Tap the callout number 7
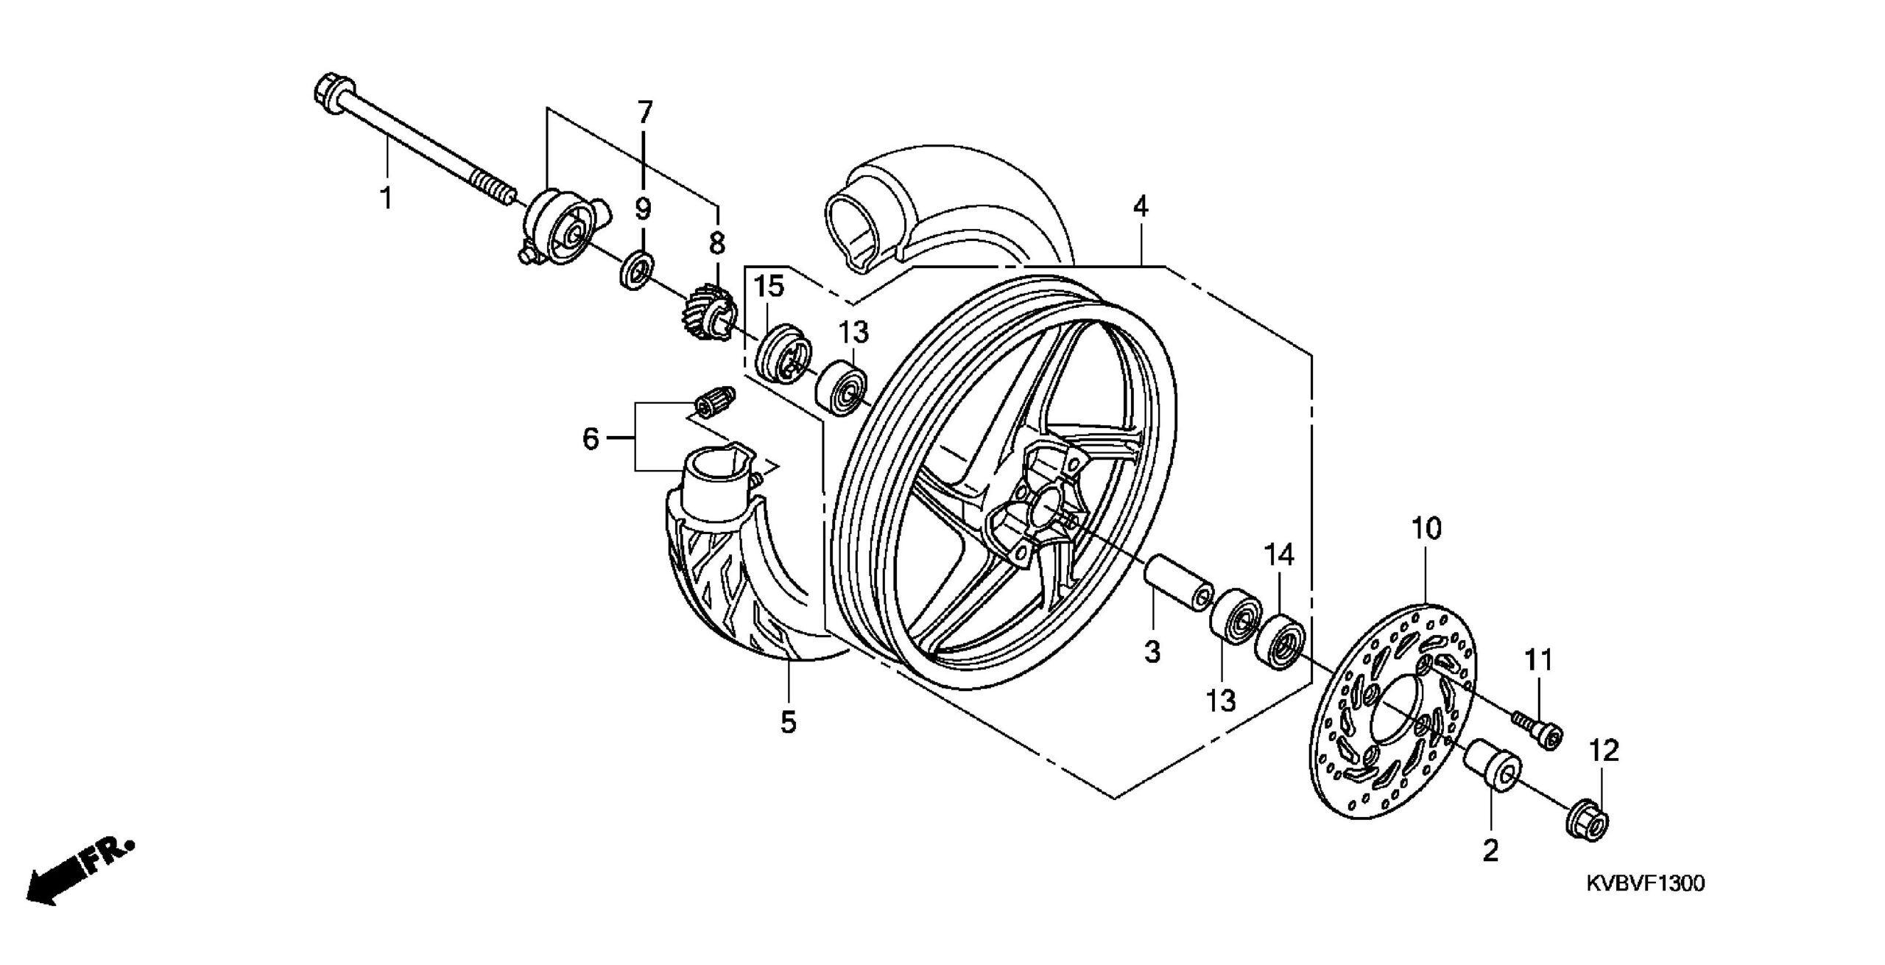point(644,113)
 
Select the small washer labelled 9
point(636,270)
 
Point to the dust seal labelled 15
point(783,353)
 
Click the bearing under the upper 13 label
point(843,389)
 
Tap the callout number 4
point(1140,207)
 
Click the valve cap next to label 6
point(714,403)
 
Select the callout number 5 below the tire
point(789,723)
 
